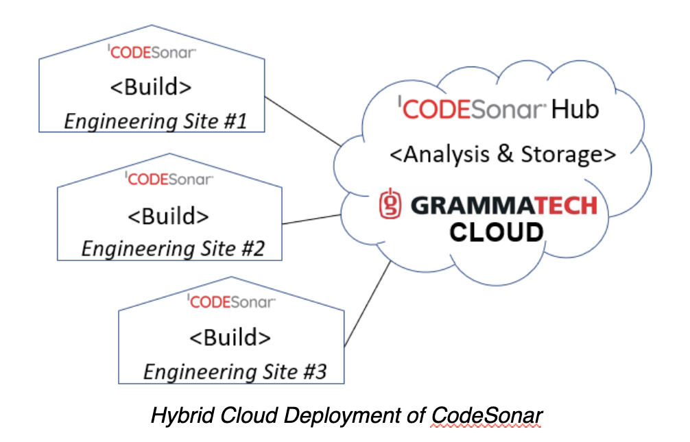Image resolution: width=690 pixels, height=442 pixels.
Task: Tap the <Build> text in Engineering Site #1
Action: (151, 88)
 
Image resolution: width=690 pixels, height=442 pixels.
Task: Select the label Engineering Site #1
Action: (155, 122)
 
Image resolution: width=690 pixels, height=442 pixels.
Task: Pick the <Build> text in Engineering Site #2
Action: (168, 215)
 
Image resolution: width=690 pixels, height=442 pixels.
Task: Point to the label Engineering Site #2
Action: (173, 248)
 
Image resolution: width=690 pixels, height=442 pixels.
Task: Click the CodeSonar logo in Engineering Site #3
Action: (232, 301)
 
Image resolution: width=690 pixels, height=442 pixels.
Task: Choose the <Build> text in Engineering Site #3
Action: (230, 337)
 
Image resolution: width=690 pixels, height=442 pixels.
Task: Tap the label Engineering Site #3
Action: (235, 371)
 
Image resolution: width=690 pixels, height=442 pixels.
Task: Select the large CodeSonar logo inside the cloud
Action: (471, 109)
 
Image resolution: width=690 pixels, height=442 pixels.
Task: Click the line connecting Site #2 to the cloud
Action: (312, 219)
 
